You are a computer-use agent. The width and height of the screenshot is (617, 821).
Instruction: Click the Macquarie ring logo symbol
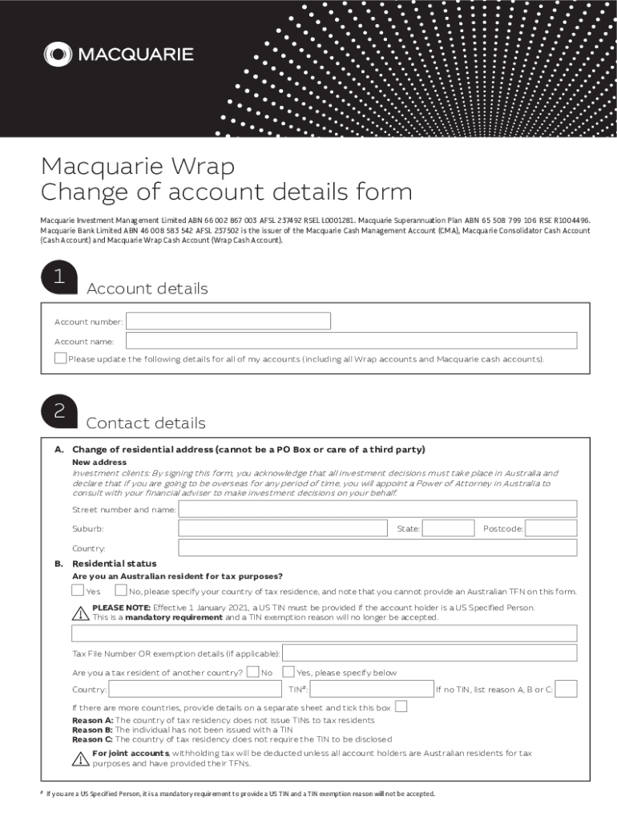pyautogui.click(x=58, y=55)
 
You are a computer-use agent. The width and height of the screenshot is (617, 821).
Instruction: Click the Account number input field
pyautogui.click(x=228, y=321)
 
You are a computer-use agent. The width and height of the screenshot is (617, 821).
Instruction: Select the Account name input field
pyautogui.click(x=352, y=341)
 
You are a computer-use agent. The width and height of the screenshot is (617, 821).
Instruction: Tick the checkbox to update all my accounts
pyautogui.click(x=60, y=358)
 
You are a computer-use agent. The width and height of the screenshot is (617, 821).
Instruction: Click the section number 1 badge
pyautogui.click(x=59, y=277)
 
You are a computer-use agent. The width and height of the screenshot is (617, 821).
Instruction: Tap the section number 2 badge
pyautogui.click(x=59, y=412)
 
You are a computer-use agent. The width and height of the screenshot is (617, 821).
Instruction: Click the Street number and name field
pyautogui.click(x=377, y=509)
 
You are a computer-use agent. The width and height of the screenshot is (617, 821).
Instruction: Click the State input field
pyautogui.click(x=447, y=528)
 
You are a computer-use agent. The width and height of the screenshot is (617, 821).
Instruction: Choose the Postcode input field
pyautogui.click(x=551, y=528)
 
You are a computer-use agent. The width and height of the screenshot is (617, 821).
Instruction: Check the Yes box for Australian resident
pyautogui.click(x=78, y=591)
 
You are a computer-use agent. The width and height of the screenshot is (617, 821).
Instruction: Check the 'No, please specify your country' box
pyautogui.click(x=120, y=591)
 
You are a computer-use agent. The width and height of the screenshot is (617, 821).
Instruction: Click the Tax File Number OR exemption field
pyautogui.click(x=429, y=653)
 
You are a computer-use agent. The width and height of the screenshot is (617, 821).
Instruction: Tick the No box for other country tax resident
pyautogui.click(x=252, y=672)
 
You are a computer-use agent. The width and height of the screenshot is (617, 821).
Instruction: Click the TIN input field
pyautogui.click(x=372, y=689)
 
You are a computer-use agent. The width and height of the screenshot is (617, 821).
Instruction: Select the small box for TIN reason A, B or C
pyautogui.click(x=566, y=689)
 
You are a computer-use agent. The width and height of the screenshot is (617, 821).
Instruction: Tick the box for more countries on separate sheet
pyautogui.click(x=401, y=706)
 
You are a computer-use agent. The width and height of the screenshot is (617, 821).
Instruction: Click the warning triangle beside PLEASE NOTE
pyautogui.click(x=80, y=613)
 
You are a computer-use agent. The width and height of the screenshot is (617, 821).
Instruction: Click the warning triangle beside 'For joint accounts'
pyautogui.click(x=80, y=758)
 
